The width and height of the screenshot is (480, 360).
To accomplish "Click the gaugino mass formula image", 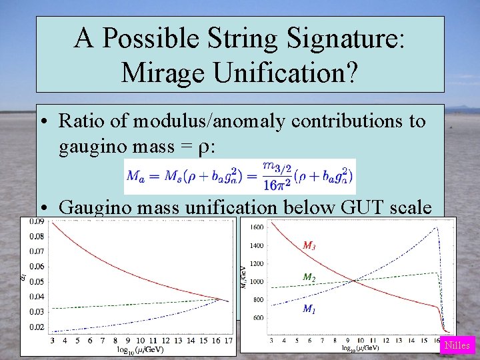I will (240, 177).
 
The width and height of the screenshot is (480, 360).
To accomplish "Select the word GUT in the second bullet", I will (337, 207).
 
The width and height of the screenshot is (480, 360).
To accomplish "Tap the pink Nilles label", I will (457, 345).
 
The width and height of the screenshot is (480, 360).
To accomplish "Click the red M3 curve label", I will (309, 246).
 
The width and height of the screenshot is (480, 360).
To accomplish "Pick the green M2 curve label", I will (309, 277).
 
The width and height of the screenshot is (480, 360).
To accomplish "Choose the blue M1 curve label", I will (309, 308).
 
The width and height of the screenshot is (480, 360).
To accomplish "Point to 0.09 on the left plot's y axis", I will (36, 221).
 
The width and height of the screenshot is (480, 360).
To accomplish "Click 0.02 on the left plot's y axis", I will (36, 327).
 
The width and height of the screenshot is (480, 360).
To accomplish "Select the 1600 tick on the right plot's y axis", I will (257, 227).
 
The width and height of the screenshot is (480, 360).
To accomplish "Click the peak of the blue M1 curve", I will (437, 228).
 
